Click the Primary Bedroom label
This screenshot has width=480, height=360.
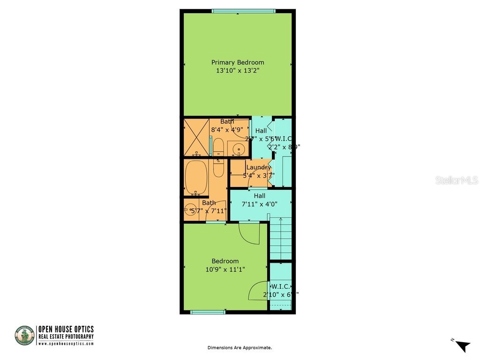pyautogui.click(x=237, y=62)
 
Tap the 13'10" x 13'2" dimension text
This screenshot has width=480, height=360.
pyautogui.click(x=237, y=71)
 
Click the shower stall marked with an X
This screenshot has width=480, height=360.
pyautogui.click(x=196, y=137)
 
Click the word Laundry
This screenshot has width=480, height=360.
pyautogui.click(x=258, y=167)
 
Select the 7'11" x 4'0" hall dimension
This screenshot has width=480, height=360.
pyautogui.click(x=259, y=204)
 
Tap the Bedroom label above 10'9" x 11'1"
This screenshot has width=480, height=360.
pyautogui.click(x=225, y=261)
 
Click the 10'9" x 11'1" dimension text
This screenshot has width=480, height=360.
pyautogui.click(x=225, y=270)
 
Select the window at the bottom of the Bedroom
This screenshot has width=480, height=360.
pyautogui.click(x=208, y=312)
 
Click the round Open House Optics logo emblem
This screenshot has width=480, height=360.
pyautogui.click(x=24, y=336)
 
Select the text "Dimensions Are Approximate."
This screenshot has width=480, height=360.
pyautogui.click(x=240, y=348)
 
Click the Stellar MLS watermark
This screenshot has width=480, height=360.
pyautogui.click(x=456, y=180)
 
